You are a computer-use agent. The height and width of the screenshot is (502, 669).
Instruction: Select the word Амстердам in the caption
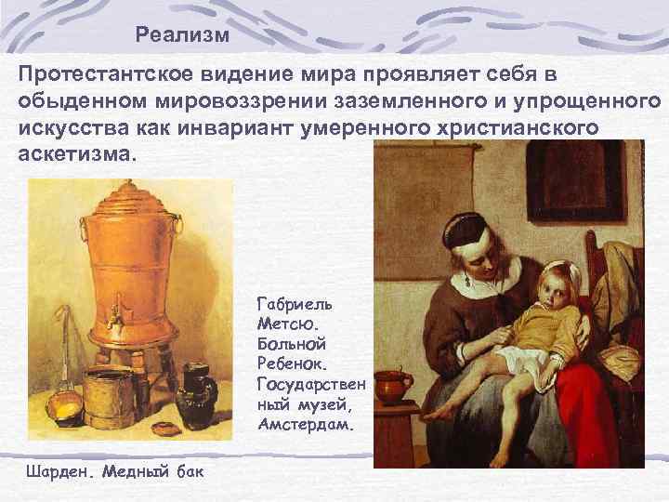click(303, 426)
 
